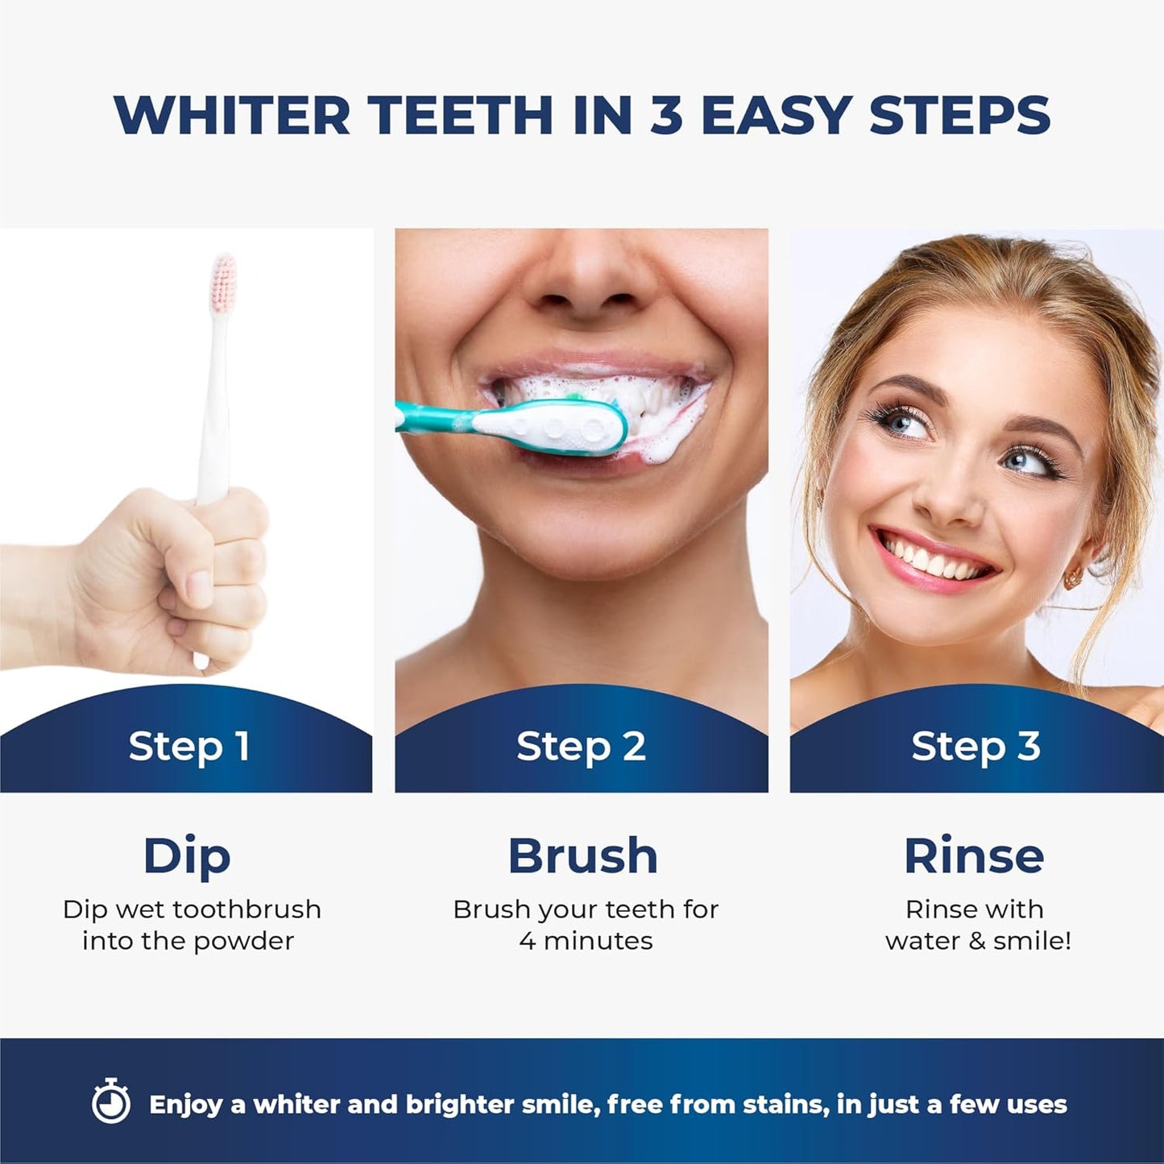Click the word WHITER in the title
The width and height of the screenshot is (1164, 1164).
(231, 115)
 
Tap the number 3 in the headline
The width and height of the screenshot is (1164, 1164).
(666, 115)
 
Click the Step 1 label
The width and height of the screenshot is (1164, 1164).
(189, 746)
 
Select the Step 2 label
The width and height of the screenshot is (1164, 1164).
(581, 746)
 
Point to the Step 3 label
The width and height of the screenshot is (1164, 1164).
(976, 746)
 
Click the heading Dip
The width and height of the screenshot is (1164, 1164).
(187, 856)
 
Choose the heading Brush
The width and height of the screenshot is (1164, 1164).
(582, 855)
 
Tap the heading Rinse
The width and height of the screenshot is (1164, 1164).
(974, 855)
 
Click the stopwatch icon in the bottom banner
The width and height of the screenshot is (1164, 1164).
(111, 1102)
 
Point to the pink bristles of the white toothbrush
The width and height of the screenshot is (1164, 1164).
(223, 278)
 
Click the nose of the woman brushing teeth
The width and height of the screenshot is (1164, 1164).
(582, 282)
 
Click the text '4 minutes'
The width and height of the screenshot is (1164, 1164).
(586, 941)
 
